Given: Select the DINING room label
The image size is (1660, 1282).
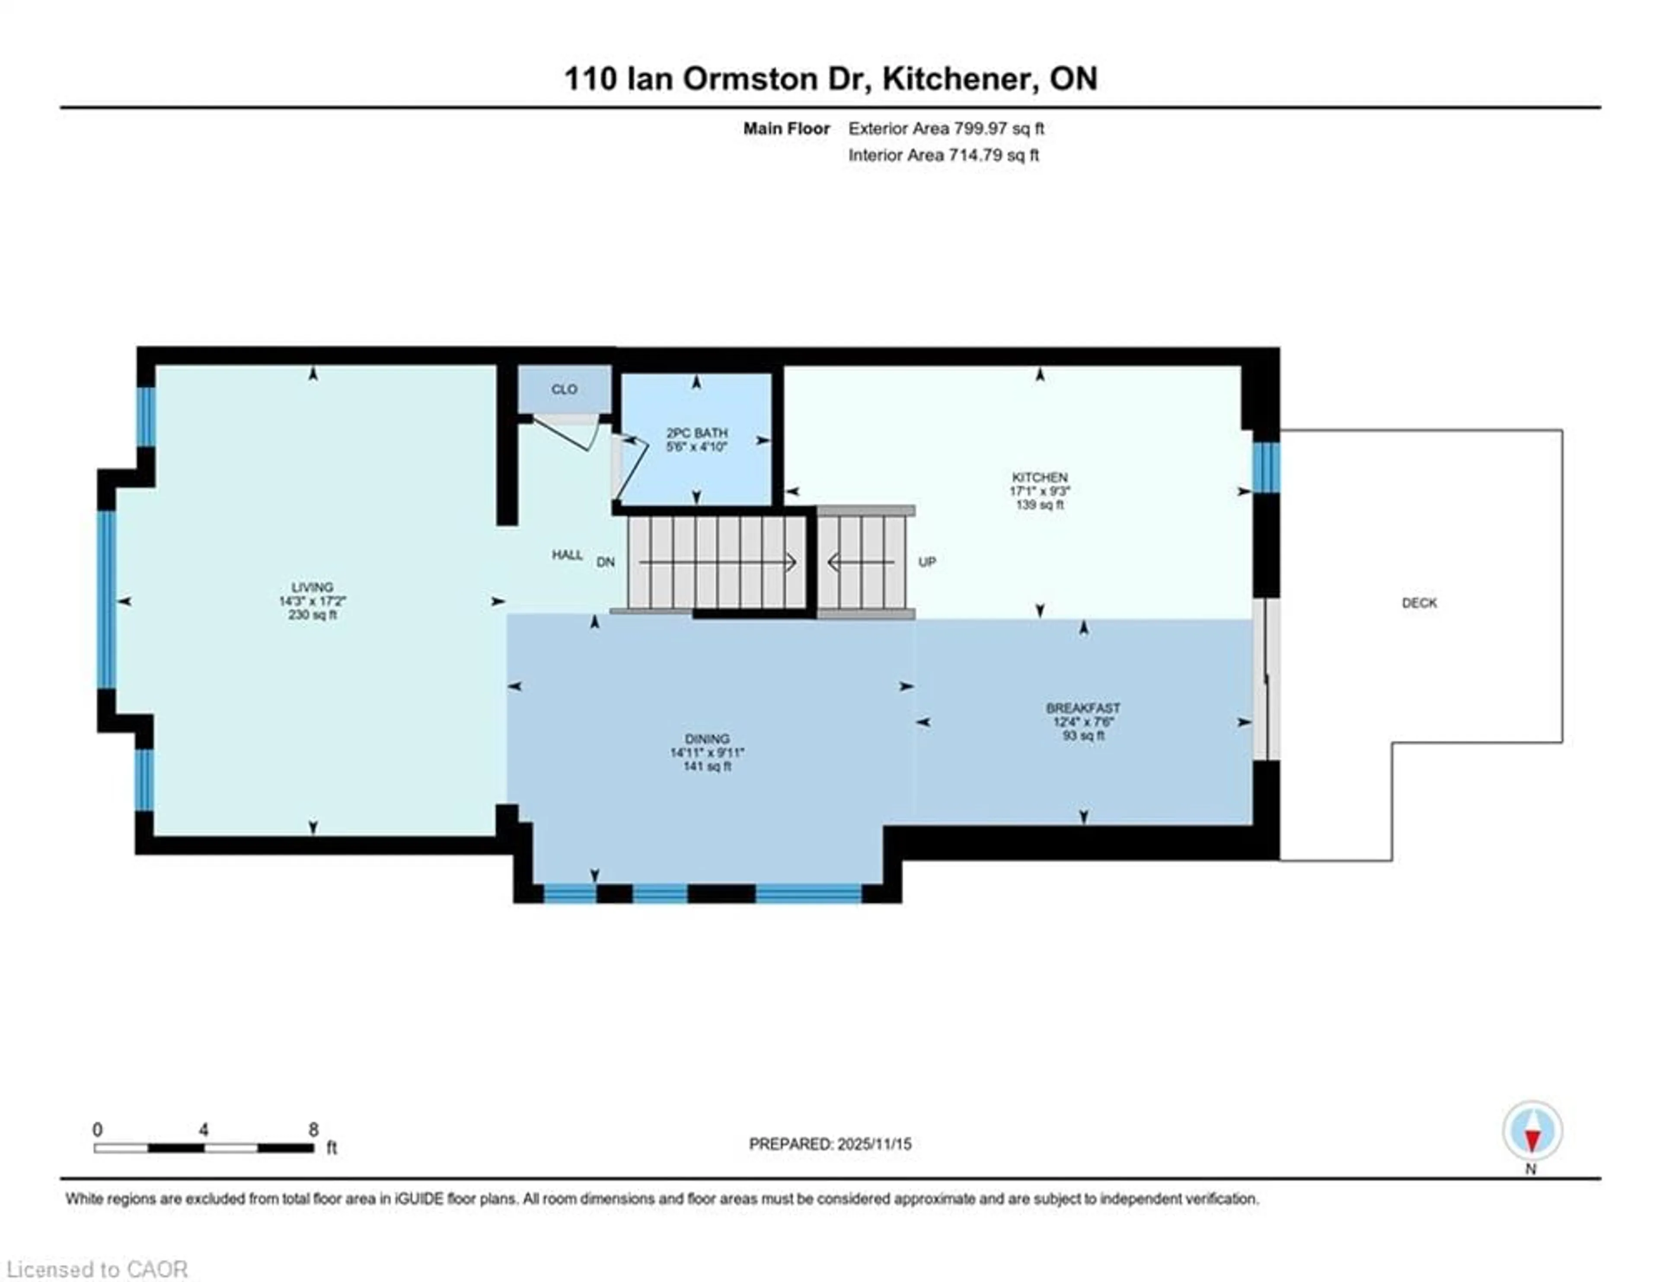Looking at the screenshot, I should [x=707, y=738].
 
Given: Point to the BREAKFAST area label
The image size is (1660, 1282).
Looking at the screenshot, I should [x=1082, y=708].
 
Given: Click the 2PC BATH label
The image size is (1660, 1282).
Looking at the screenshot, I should [x=696, y=433].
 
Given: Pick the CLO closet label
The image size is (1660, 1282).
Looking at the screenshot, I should [x=564, y=389].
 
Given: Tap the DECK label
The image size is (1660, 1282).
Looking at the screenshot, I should [x=1419, y=603].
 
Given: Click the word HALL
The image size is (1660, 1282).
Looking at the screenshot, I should [x=567, y=555].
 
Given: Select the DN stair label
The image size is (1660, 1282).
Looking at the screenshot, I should [x=605, y=562].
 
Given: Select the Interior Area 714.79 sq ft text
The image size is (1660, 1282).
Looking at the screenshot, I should [x=943, y=155].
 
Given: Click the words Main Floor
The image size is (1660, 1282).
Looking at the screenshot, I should [x=786, y=128].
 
